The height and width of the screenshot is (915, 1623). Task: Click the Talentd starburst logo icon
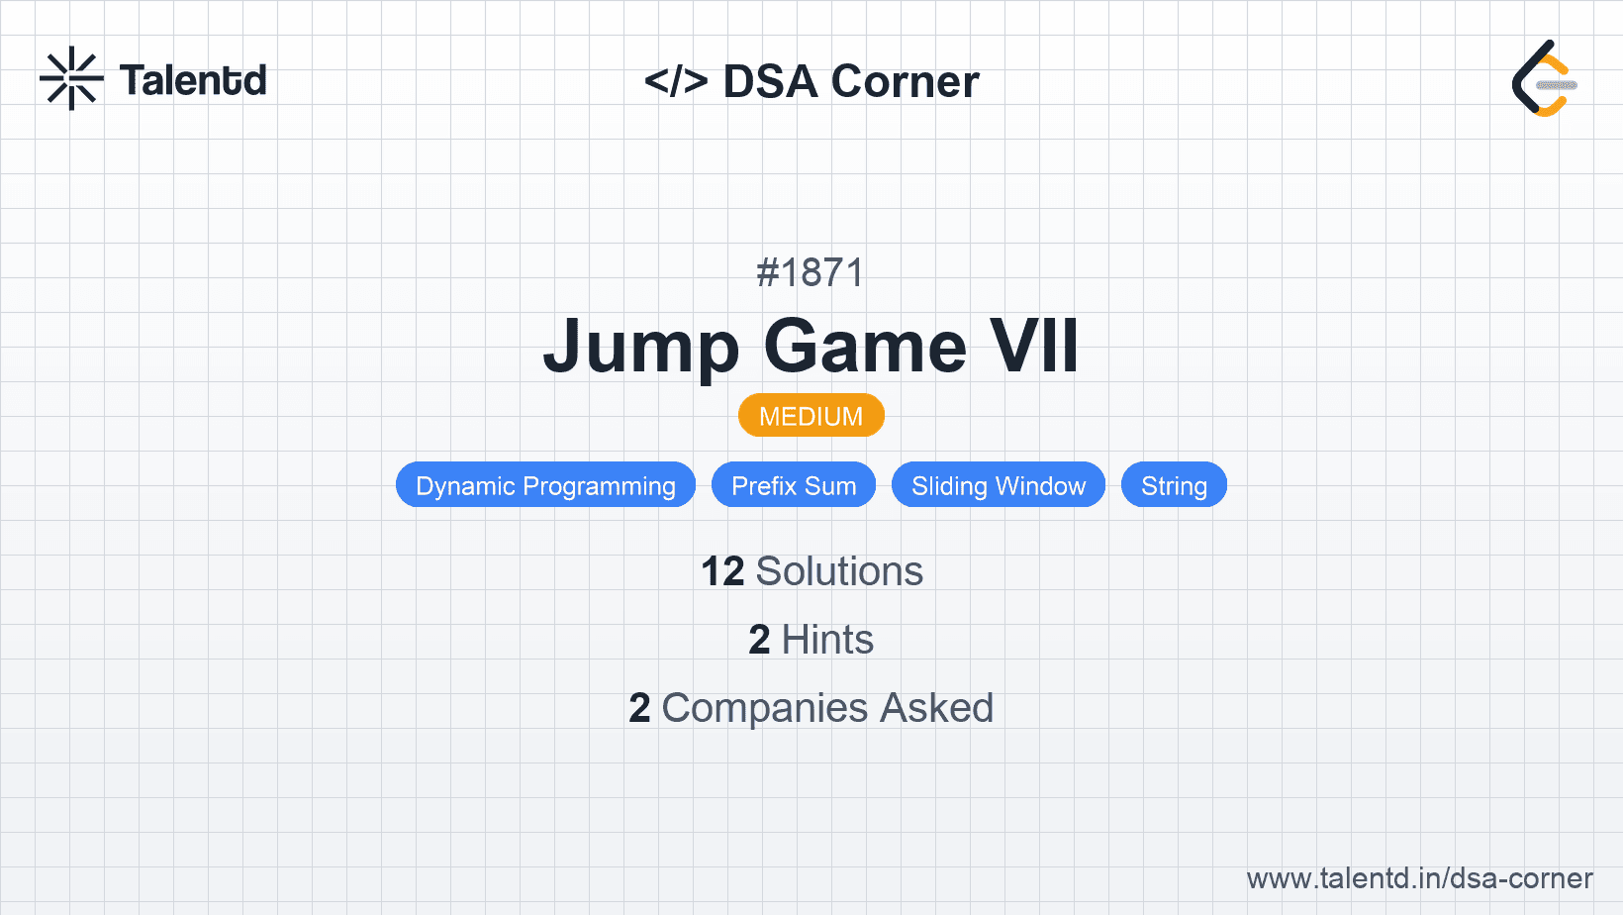click(x=71, y=78)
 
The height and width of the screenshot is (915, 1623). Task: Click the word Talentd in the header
click(x=193, y=80)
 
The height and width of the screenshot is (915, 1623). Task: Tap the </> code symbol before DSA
click(x=676, y=80)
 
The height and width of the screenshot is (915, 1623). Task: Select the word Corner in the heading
click(x=905, y=81)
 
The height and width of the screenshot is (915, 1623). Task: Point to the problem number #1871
click(x=811, y=272)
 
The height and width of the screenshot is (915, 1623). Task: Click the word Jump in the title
click(x=641, y=347)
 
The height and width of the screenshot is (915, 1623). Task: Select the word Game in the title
click(x=865, y=346)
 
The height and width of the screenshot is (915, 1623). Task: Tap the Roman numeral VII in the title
click(x=1035, y=346)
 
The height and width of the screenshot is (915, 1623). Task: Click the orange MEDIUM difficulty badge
click(x=811, y=416)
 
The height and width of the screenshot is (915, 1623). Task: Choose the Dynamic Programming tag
click(x=545, y=485)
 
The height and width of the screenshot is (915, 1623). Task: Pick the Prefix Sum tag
click(x=794, y=485)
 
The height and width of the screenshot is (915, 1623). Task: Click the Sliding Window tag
click(x=999, y=485)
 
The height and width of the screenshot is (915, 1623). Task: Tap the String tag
click(x=1174, y=485)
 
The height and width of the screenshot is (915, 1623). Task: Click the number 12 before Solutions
click(x=722, y=571)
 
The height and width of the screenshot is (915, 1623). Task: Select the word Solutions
click(x=840, y=571)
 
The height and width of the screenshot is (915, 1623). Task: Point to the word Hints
click(x=827, y=640)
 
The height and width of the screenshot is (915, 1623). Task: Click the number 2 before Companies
click(x=639, y=708)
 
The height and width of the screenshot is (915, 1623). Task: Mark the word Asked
click(x=936, y=708)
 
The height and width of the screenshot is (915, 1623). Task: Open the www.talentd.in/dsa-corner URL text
click(x=1419, y=878)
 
